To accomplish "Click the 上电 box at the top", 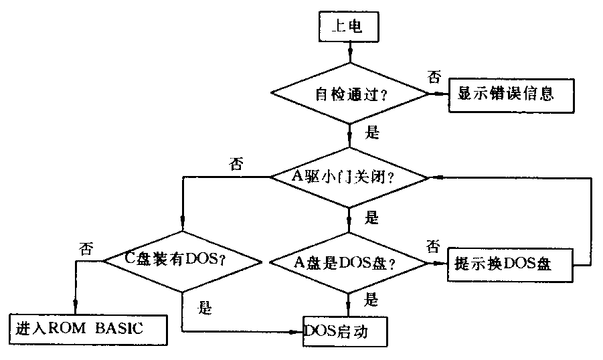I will coord(348,27).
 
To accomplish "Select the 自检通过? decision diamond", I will coord(348,94).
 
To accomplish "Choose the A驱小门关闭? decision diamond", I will coord(348,177).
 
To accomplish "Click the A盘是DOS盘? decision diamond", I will coord(348,263).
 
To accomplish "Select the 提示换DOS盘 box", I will coord(509,263).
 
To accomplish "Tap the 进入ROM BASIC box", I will coord(88,329).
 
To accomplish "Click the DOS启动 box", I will coord(345,331).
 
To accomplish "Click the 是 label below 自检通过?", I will coord(372,132).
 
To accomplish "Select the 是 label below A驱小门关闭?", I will coord(372,217).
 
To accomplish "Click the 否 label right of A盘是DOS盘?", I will coord(434,246).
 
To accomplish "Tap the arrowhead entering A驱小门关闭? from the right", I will coord(435,177).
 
